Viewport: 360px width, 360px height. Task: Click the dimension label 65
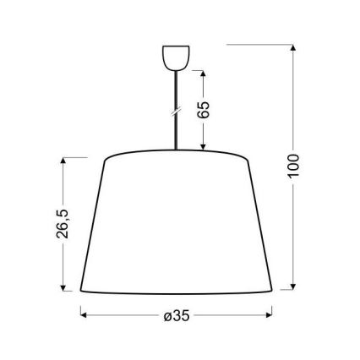coord(205,109)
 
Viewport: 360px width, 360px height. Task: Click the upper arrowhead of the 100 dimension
coord(293,47)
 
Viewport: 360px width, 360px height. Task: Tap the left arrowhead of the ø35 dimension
coord(83,316)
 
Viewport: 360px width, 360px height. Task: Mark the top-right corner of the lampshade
coord(247,160)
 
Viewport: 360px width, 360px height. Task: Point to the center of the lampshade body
coord(177,224)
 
